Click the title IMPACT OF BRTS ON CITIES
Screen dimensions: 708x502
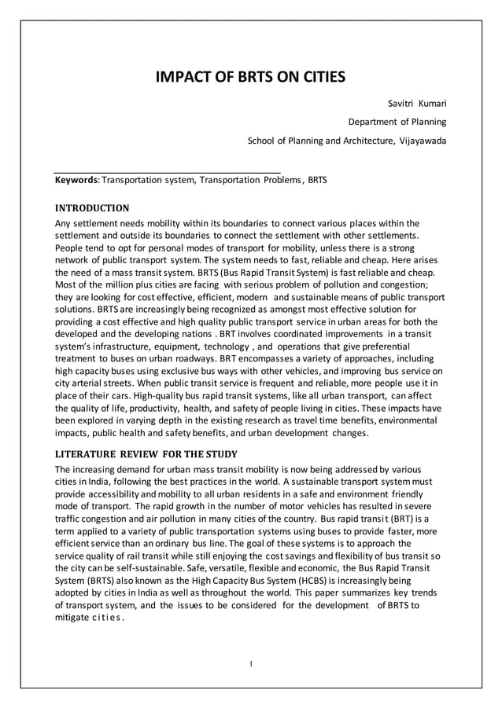[250, 77]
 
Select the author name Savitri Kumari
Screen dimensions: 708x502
[417, 103]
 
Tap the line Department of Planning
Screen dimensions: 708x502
[397, 122]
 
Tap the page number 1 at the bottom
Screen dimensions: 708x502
[250, 664]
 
